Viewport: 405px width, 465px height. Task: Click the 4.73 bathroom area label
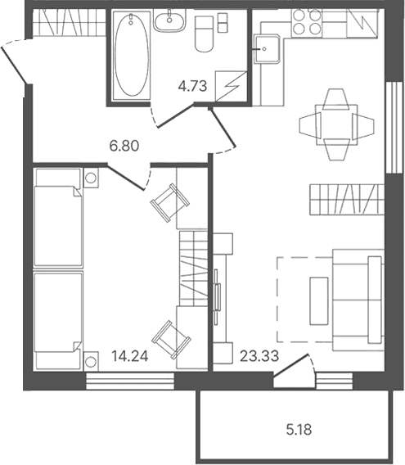click(192, 87)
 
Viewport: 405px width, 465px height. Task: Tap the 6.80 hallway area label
click(124, 147)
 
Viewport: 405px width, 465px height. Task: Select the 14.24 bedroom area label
click(130, 356)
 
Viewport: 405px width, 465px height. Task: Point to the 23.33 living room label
click(259, 356)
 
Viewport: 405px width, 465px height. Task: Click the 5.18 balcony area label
click(299, 430)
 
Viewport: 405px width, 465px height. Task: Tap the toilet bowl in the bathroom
click(204, 34)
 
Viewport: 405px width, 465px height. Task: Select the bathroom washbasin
click(169, 20)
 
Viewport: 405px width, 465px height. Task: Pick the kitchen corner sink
click(267, 48)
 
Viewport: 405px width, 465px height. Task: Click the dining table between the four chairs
click(336, 124)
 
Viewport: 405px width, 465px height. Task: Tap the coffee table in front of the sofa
click(319, 301)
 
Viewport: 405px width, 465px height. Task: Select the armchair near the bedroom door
click(170, 202)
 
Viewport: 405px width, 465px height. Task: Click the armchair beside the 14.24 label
click(171, 340)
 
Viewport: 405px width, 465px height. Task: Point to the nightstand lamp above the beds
click(91, 178)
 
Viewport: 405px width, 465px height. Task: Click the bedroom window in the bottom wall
click(130, 381)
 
